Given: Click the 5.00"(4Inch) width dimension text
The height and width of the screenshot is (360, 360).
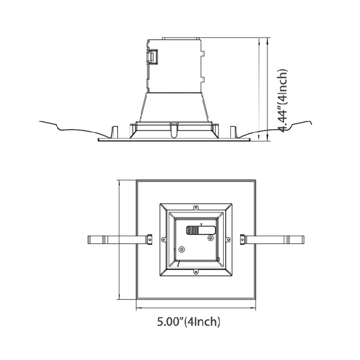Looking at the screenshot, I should (189, 322).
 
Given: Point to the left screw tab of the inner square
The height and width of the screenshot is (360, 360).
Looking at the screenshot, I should (164, 239).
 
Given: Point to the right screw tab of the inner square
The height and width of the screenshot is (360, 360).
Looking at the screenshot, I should (228, 239).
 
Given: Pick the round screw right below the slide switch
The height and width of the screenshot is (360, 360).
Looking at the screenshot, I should (210, 238).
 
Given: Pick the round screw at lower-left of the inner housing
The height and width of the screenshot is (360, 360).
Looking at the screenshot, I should (182, 249).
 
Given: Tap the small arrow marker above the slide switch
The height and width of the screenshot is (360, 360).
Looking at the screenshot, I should (201, 225).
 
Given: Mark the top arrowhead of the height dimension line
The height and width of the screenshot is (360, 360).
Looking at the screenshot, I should (268, 40).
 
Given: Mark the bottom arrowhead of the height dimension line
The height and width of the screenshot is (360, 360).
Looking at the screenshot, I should (268, 138).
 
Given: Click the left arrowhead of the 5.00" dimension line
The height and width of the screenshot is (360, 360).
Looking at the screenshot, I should (138, 308).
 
